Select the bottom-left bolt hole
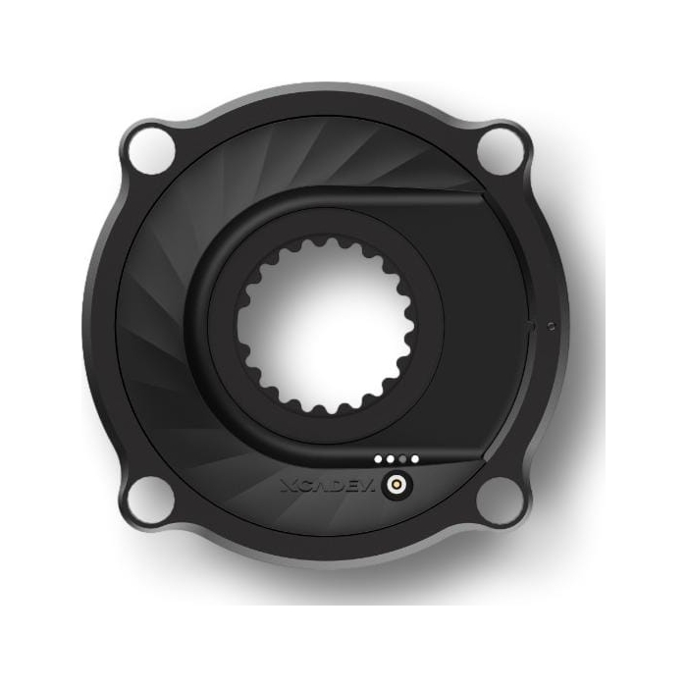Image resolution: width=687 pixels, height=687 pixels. [x=151, y=500]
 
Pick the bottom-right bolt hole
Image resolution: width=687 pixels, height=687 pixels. [x=500, y=500]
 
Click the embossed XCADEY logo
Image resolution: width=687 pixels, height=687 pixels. [x=328, y=486]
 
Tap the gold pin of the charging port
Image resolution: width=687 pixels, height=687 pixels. [x=396, y=485]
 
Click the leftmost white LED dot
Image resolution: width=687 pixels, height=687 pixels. [x=378, y=459]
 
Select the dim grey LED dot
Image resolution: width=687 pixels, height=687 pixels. [x=402, y=459]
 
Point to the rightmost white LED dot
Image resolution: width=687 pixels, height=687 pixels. [x=414, y=459]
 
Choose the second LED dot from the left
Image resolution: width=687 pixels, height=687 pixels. [x=390, y=459]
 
